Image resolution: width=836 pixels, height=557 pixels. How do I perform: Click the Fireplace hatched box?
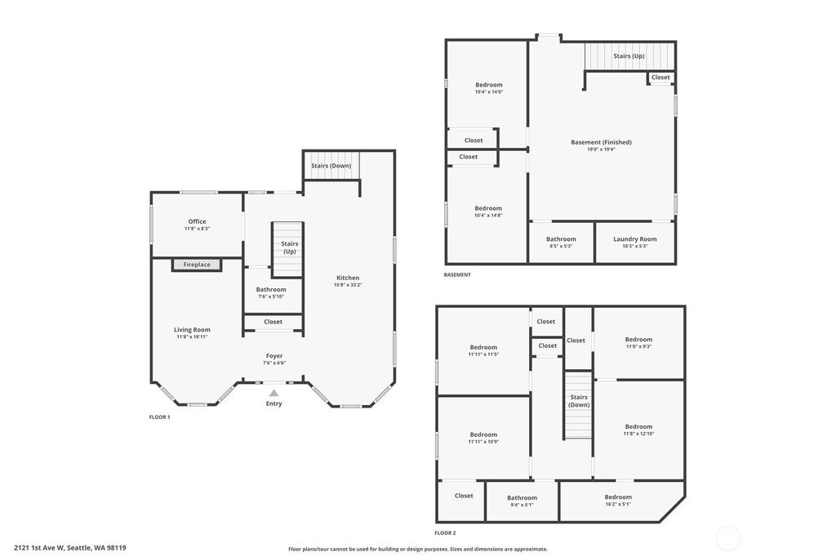point(196,265)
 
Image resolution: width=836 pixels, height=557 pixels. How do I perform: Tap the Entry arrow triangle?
point(273,393)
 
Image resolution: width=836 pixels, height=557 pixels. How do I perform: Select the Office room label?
point(197,221)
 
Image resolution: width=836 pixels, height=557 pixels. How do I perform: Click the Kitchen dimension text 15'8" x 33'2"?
point(348,285)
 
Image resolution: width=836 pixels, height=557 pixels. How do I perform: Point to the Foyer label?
point(274,356)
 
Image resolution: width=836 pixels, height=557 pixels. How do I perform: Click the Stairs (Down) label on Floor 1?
point(331,166)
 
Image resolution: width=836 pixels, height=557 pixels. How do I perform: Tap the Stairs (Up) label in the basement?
point(629,56)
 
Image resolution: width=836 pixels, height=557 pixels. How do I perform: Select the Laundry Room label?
point(635,239)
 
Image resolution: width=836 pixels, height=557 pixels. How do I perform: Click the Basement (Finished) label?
point(601,142)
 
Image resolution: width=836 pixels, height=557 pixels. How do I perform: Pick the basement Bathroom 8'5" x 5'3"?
point(561,243)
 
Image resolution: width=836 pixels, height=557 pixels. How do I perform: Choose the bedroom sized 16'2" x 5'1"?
point(618,500)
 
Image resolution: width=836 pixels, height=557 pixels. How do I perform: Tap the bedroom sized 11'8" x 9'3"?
point(638,342)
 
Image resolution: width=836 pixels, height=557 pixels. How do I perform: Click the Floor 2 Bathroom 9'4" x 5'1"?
point(522,501)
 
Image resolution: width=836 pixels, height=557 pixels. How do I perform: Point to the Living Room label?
point(192,330)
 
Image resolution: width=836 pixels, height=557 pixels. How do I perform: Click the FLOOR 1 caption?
point(159,417)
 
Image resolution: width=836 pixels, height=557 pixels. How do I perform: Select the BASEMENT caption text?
point(457,274)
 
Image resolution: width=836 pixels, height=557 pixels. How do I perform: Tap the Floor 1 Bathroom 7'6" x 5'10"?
point(271,292)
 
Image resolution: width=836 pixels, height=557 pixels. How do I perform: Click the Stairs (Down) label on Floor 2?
point(579,401)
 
